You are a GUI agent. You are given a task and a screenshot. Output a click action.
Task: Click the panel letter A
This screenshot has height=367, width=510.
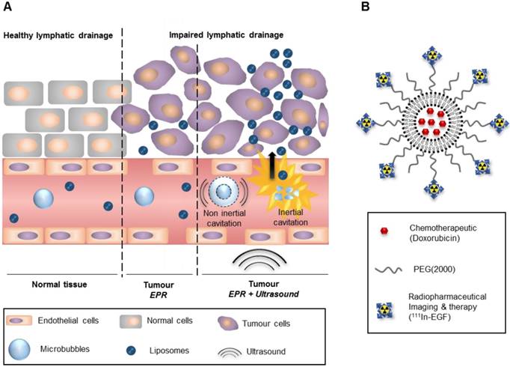coord(9,10)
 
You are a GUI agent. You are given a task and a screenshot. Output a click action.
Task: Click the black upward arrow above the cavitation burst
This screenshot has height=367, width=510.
coord(283,160)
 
